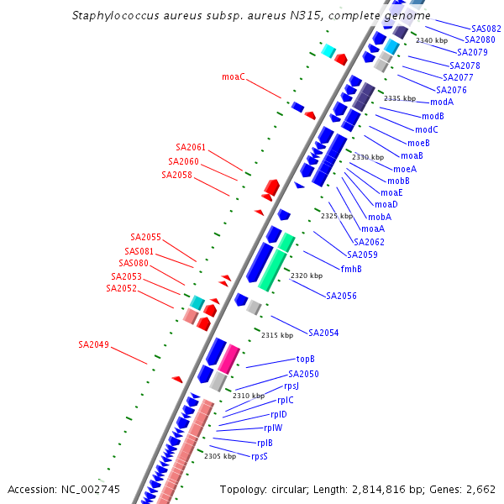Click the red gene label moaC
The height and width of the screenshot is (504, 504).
pos(234,77)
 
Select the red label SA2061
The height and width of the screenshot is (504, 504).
pos(191,147)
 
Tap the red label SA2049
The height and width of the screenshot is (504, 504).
pos(93,344)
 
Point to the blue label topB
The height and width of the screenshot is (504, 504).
pos(306,359)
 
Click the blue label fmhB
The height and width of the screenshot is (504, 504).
pos(351,269)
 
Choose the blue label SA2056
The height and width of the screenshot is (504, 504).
pos(341,296)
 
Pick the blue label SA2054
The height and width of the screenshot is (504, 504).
pos(323,333)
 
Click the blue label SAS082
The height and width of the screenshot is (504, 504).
pos(486,29)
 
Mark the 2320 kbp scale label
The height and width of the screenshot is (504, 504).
pos(307,276)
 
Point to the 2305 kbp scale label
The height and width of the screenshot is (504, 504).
pos(220,456)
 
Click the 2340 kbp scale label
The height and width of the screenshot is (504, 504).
pos(432,40)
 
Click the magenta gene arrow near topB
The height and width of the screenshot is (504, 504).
pos(228,358)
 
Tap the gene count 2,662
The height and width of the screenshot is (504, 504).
pos(480,489)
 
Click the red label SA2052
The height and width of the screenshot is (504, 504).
pos(121,288)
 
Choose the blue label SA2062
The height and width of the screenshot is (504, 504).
pos(369,242)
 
